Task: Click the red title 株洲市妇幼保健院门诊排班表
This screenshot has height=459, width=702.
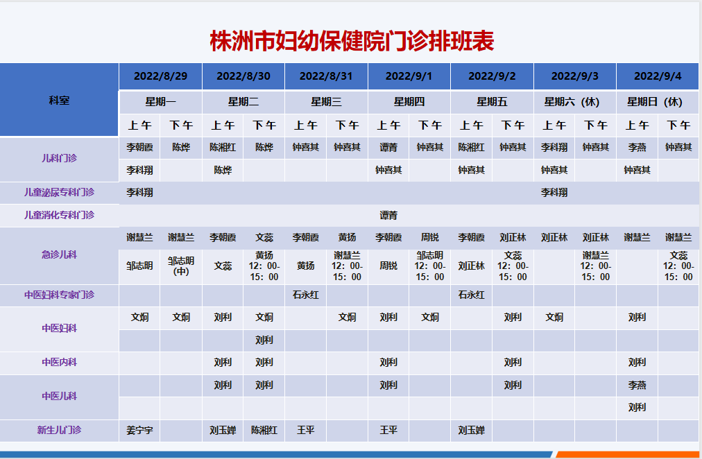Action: (x=352, y=41)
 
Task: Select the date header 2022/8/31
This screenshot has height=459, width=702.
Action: (x=326, y=76)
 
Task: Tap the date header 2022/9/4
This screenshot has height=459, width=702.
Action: (x=658, y=76)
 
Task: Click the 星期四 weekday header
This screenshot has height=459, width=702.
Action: (x=409, y=102)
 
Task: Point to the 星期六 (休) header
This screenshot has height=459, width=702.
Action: (x=572, y=102)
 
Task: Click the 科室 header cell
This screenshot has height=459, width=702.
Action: (x=59, y=101)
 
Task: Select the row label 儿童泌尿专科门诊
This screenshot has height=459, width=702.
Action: (x=59, y=192)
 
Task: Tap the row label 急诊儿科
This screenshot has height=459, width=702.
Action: (x=59, y=254)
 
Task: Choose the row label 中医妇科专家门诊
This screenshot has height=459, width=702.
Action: (x=59, y=295)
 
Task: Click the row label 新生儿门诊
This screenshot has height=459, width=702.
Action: (x=59, y=430)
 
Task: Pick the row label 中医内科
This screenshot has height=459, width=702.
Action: (x=59, y=362)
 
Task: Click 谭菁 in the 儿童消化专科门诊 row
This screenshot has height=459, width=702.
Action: (x=388, y=215)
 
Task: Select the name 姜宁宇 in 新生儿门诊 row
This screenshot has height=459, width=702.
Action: (x=139, y=431)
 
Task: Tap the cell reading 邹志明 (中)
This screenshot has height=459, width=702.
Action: (x=181, y=266)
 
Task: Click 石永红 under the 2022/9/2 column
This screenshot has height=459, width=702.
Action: (x=471, y=295)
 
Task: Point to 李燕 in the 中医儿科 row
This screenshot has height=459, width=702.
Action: (x=637, y=386)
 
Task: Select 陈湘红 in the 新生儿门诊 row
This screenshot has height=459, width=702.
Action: (x=264, y=431)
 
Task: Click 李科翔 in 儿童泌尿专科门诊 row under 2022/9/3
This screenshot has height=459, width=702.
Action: (x=554, y=192)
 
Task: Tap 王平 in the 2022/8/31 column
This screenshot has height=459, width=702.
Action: (x=305, y=431)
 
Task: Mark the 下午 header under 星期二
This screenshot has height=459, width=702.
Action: (x=264, y=125)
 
